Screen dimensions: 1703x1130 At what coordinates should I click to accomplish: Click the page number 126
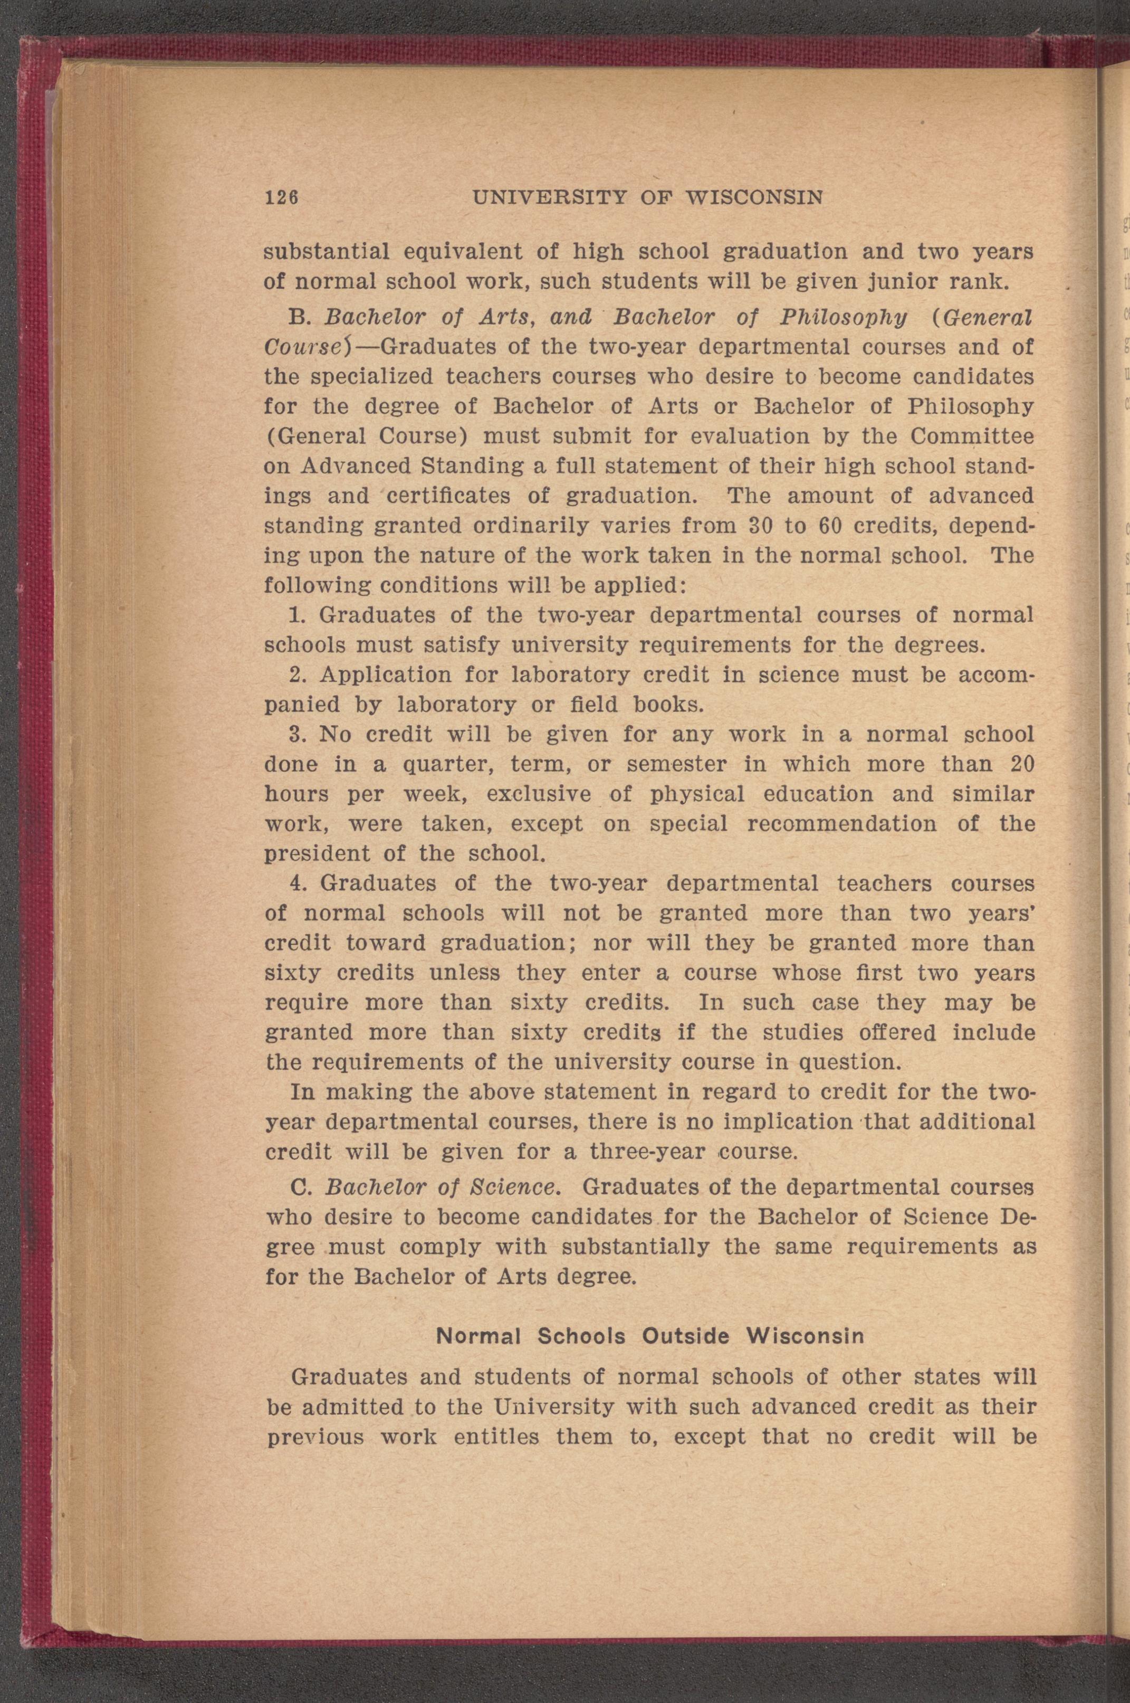[282, 197]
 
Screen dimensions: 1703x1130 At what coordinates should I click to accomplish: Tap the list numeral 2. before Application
[299, 676]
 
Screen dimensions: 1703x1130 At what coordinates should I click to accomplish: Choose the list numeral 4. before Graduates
[299, 883]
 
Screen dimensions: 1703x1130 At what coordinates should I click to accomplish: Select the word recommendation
[842, 824]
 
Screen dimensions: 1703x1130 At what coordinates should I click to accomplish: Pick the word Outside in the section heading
[685, 1336]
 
